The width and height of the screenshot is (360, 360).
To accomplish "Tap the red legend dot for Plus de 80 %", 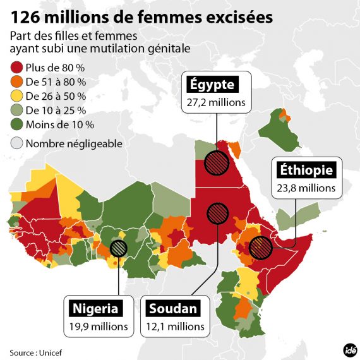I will [x=16, y=68].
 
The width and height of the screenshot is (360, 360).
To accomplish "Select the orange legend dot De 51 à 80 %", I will [x=16, y=82].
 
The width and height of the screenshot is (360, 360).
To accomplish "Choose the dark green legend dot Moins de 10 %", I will [x=16, y=124].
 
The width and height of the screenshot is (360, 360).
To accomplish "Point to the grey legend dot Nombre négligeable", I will [x=16, y=143].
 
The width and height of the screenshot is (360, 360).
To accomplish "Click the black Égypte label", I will [x=210, y=85].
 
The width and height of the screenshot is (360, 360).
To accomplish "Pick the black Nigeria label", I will [x=95, y=309].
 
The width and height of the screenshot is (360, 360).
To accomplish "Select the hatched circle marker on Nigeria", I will [x=118, y=248].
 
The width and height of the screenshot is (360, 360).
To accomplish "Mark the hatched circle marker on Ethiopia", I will [x=260, y=248].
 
